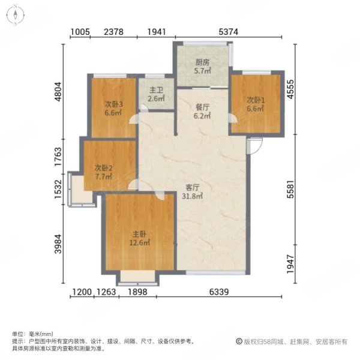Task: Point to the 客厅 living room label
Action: pos(193,187)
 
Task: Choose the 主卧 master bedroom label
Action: pos(140,235)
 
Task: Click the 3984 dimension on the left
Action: pos(58,245)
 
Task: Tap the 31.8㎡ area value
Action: pos(193,196)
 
